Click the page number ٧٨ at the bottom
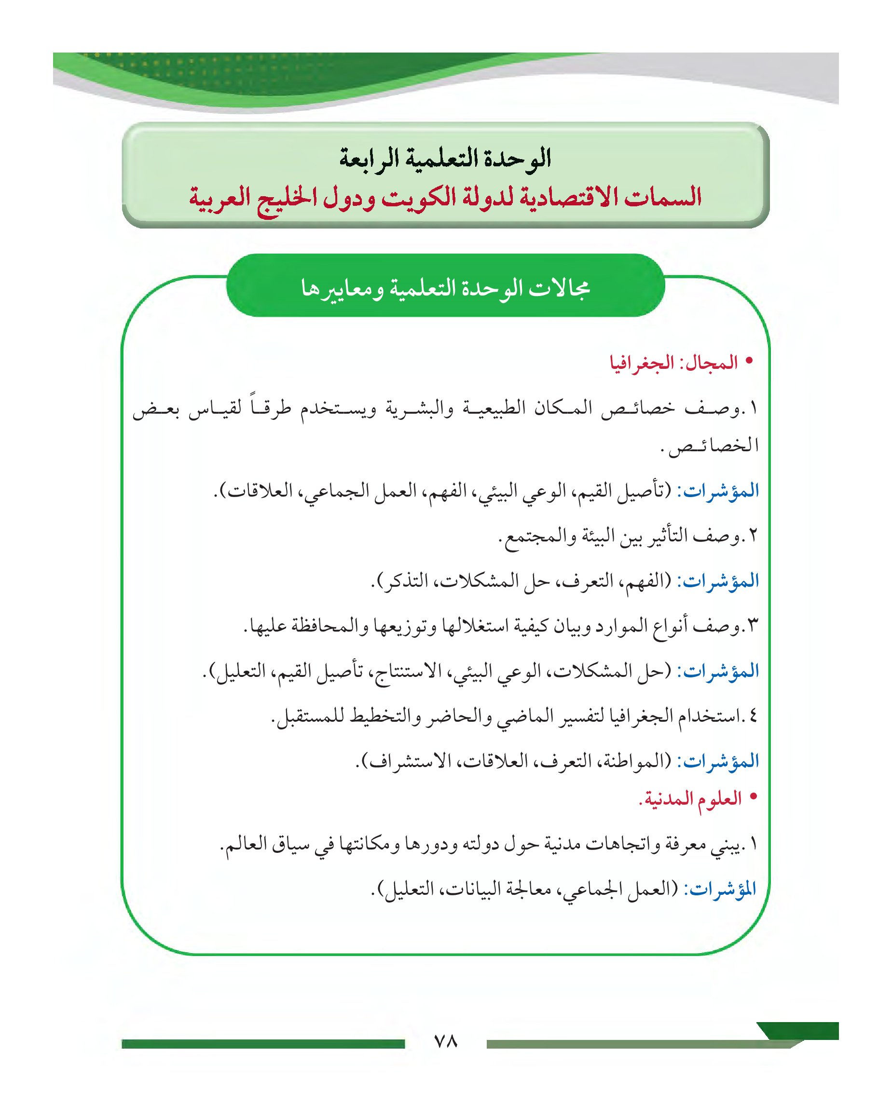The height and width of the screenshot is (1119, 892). point(445,1041)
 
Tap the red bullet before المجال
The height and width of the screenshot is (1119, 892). point(749,360)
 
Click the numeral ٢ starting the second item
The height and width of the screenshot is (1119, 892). point(754,535)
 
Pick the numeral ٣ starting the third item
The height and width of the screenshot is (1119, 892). point(754,625)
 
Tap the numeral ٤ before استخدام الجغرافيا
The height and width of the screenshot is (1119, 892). point(754,716)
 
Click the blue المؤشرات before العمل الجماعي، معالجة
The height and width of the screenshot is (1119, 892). point(720,889)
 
